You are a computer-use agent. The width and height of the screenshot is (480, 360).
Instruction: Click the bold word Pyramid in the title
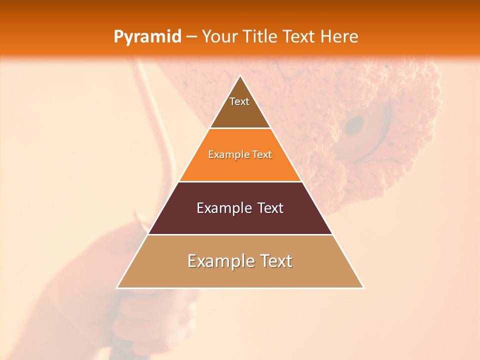pos(147,36)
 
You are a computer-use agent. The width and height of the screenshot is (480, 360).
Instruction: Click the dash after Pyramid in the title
pos(191,37)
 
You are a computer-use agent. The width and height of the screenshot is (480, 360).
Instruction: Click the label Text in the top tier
pos(239,101)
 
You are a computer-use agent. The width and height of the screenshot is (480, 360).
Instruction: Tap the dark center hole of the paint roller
pos(355,125)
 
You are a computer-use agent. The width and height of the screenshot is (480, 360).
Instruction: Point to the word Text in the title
pos(300,36)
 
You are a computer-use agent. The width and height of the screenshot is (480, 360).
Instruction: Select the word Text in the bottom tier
pos(274,261)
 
